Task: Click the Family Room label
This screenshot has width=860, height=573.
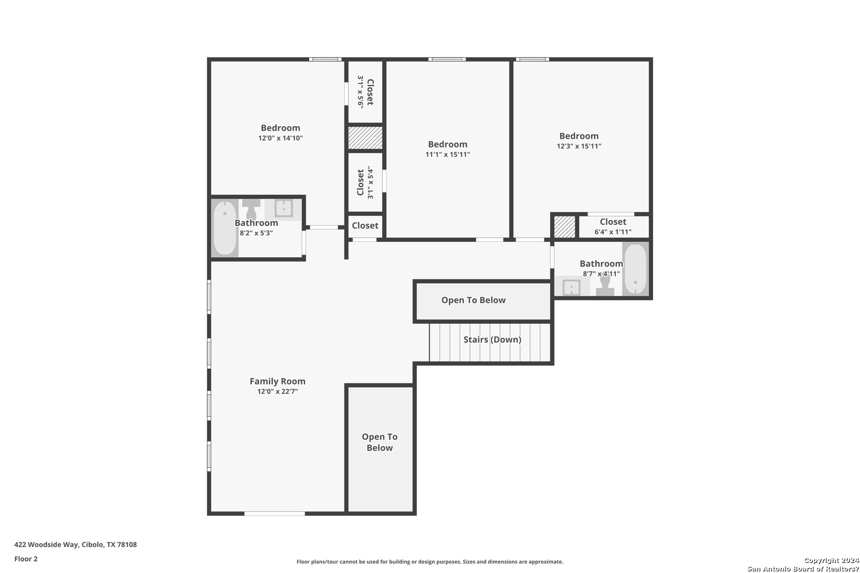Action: coord(278,381)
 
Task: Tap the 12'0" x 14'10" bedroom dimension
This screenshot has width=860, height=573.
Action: coord(281,138)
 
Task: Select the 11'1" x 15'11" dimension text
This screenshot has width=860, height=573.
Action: coord(448,155)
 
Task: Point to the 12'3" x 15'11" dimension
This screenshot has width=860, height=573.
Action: coord(579,146)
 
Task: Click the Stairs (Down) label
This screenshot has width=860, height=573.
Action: coord(492,340)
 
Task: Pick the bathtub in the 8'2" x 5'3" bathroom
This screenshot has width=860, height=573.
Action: coord(225,228)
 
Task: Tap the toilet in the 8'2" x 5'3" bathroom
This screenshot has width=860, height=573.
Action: coord(252,209)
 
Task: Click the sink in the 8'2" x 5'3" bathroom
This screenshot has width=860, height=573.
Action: coord(283,209)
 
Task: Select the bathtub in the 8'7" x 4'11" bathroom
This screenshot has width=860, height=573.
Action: coord(635,268)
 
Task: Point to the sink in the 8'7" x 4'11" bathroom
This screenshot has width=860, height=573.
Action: coord(572,288)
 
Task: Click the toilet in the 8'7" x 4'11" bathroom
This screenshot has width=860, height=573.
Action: coord(605,285)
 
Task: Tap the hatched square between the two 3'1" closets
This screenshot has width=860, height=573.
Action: coord(365,138)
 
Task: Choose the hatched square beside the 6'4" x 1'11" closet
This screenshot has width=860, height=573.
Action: coord(565,227)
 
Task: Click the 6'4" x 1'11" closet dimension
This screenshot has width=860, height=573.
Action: coord(613,232)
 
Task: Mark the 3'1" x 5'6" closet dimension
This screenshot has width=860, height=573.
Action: coord(360,92)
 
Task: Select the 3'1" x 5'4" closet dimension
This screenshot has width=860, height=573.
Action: coord(370,183)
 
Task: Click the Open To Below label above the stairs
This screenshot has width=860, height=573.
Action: coord(474,300)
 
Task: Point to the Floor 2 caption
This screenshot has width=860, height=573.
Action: coord(26,559)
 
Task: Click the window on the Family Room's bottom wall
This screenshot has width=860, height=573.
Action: coord(275,514)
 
